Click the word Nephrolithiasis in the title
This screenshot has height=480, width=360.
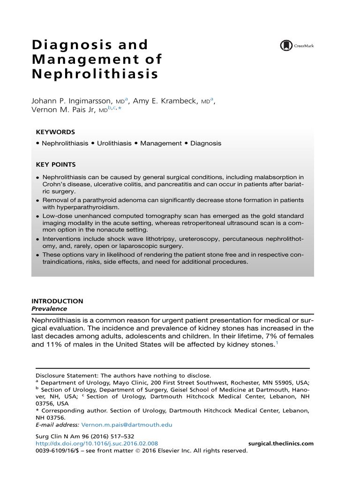click(x=95, y=74)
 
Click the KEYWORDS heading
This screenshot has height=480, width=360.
click(x=55, y=132)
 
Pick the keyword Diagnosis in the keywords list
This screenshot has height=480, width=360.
click(x=206, y=143)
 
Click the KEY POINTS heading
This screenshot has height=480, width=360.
click(x=56, y=165)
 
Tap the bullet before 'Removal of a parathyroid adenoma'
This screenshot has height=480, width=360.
click(x=38, y=201)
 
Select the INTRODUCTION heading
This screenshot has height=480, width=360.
click(x=57, y=301)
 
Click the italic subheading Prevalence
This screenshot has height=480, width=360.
click(x=49, y=309)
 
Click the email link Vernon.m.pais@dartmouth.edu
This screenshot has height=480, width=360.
click(x=127, y=425)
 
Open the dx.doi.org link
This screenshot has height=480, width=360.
click(x=97, y=443)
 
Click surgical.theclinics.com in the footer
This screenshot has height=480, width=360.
click(x=280, y=443)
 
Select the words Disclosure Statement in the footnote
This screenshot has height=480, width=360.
click(x=67, y=375)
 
